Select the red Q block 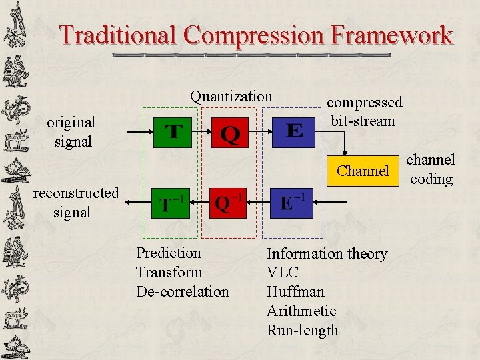230,133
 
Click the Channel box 363,171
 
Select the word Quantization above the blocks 231,97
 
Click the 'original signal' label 71,132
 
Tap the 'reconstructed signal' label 76,203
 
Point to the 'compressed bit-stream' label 364,112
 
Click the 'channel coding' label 431,169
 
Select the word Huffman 295,292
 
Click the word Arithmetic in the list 301,311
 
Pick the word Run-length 303,331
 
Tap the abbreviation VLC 283,273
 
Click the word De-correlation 182,292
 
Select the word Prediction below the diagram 168,253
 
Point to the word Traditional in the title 118,35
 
